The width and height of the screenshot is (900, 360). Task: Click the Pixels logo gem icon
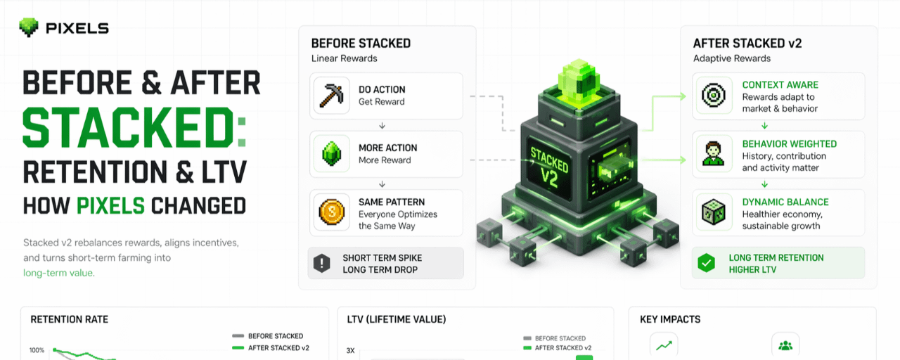[x=28, y=28]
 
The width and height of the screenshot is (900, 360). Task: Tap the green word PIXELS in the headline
[x=110, y=205]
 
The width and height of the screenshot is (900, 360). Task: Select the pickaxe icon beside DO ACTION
[x=331, y=96]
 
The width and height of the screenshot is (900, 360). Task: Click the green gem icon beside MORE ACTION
[x=331, y=154]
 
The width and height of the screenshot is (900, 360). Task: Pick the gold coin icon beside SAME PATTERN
[x=331, y=212]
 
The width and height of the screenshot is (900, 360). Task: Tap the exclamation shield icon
[x=321, y=264]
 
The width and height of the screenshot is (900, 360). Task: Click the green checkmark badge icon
[x=706, y=264]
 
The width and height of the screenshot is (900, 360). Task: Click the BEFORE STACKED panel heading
[x=361, y=43]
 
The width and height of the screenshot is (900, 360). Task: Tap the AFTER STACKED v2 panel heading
[x=747, y=43]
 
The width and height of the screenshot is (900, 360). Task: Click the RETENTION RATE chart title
[x=70, y=319]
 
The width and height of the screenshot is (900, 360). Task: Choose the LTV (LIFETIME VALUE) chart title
[x=397, y=319]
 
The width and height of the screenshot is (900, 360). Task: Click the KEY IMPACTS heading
[x=670, y=319]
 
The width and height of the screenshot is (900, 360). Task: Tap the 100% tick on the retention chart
[x=37, y=350]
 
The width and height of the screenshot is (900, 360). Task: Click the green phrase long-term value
[x=58, y=273]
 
